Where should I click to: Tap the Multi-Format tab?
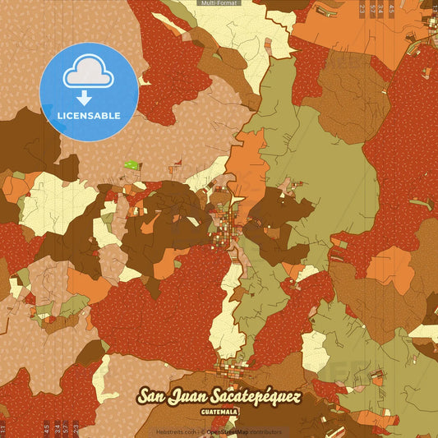tap(219, 3)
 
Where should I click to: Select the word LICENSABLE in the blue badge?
tap(89, 115)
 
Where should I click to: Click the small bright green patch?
tap(131, 165)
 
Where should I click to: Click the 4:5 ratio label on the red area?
tap(45, 427)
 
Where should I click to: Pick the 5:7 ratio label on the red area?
tap(66, 427)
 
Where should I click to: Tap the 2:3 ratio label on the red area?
tap(76, 427)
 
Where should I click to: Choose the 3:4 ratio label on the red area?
tap(56, 427)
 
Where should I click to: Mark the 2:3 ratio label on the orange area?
tap(362, 10)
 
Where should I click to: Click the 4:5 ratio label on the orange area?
tap(391, 10)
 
